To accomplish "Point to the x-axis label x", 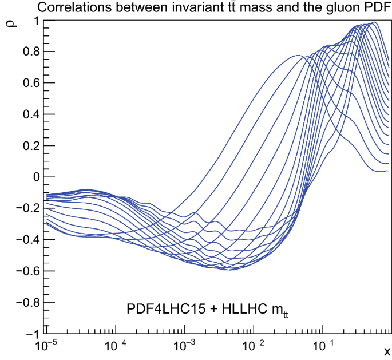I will pos(387,350).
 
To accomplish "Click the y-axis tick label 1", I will pos(35,21).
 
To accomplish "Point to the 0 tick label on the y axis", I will pos(35,177).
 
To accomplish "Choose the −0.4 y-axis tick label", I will pos(26,240).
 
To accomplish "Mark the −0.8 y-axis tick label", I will pos(26,302).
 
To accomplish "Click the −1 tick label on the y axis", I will pos(31,334).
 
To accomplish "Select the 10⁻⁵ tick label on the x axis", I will pos(48,346).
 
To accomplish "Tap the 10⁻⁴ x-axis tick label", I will pos(116,346).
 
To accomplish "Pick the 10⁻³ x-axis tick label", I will pos(185,346).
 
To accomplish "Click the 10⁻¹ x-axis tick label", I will pos(322,346).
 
